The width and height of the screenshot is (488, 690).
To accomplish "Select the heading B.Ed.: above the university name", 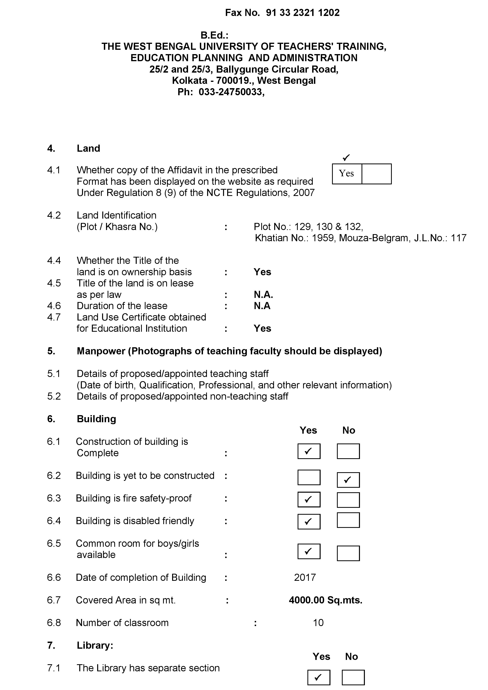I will pos(214,35).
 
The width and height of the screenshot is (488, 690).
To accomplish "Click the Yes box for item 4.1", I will pos(347,174).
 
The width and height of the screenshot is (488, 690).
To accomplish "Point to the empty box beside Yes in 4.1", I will pos(376,174).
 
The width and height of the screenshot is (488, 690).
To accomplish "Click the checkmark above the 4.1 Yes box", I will pos(346,157).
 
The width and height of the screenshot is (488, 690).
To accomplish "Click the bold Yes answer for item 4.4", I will pos(262,272).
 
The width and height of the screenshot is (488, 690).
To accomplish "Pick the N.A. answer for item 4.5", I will pos(263,295).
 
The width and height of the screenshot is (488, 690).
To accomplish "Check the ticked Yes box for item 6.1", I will pos(309,451).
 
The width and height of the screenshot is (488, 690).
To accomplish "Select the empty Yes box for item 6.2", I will pos(309,477).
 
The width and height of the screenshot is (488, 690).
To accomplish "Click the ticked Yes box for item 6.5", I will pos(309,551).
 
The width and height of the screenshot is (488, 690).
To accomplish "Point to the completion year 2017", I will pos(305,577).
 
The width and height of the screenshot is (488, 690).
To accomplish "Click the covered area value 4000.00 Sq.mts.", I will pos(326,600).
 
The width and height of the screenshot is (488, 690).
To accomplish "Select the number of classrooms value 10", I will pos(318,623).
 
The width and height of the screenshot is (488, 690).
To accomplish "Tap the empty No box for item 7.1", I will pos(353,677).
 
